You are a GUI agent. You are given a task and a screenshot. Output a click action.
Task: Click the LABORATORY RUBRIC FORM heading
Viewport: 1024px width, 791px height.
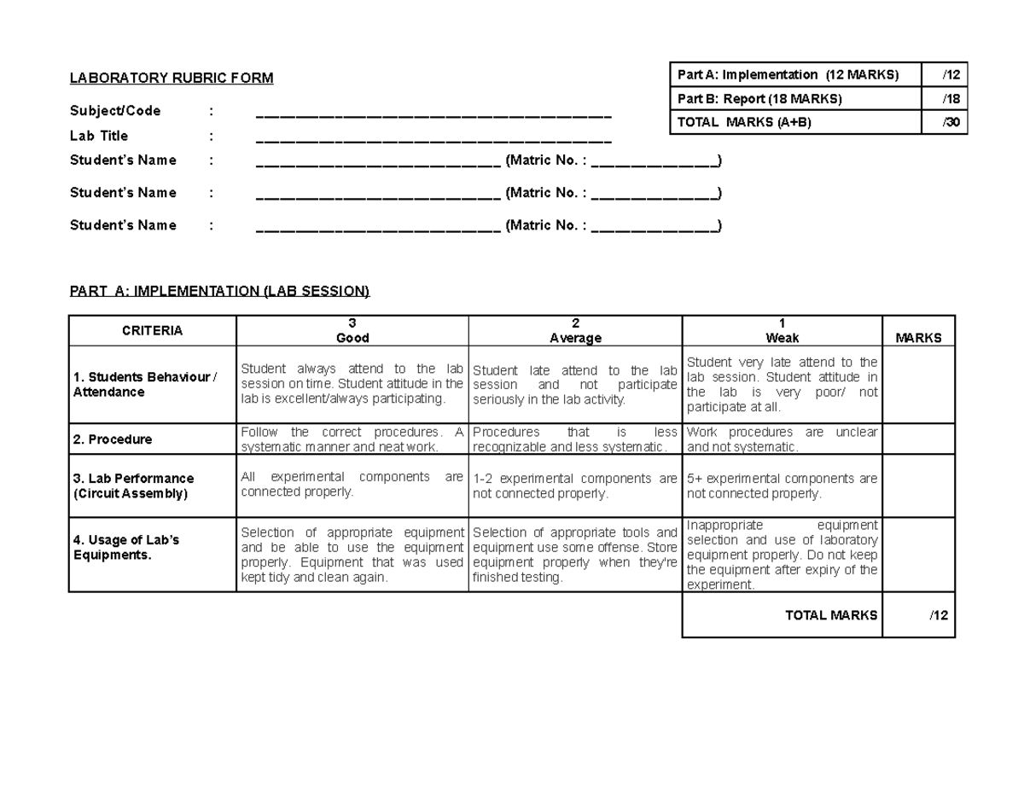[x=172, y=79]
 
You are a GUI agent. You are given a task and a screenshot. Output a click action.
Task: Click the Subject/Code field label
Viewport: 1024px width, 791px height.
[x=115, y=111]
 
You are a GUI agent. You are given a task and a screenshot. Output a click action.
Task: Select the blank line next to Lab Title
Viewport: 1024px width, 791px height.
[x=433, y=138]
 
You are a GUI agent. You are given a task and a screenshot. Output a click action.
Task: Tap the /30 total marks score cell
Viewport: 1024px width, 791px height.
[x=951, y=123]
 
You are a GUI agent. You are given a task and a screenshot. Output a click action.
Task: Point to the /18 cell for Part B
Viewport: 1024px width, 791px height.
[x=951, y=99]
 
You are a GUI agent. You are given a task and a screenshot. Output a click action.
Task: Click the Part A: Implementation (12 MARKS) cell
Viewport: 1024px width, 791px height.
[x=788, y=75]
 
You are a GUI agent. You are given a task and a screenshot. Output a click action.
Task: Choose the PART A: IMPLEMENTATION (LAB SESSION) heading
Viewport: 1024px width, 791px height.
[x=220, y=291]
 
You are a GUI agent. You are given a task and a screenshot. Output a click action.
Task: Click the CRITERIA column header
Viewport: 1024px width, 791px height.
[x=152, y=331]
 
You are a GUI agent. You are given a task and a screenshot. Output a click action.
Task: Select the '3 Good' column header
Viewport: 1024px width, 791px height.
[x=352, y=331]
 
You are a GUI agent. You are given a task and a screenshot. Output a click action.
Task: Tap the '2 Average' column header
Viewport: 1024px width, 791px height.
[x=575, y=331]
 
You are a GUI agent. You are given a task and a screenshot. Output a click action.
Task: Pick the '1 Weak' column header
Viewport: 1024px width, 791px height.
[x=782, y=331]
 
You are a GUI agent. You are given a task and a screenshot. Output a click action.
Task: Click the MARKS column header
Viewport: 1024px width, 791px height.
[x=918, y=338]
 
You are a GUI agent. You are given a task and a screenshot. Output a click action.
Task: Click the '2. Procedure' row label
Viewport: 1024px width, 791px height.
[x=113, y=439]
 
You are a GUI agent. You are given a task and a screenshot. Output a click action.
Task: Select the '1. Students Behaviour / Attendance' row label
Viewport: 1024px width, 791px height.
[x=144, y=385]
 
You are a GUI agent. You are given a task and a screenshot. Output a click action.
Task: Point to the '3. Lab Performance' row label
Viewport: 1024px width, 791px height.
[x=132, y=486]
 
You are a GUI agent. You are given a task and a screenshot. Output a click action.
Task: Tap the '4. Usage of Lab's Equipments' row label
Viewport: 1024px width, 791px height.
[x=126, y=547]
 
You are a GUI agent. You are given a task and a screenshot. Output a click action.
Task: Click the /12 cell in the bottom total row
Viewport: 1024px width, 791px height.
[x=938, y=615]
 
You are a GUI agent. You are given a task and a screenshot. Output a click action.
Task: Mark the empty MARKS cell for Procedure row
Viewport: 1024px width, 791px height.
[x=918, y=439]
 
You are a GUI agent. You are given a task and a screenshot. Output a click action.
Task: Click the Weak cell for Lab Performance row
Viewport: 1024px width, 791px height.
[x=782, y=486]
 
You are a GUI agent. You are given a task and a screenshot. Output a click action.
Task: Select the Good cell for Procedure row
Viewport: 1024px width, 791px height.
[x=352, y=439]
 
